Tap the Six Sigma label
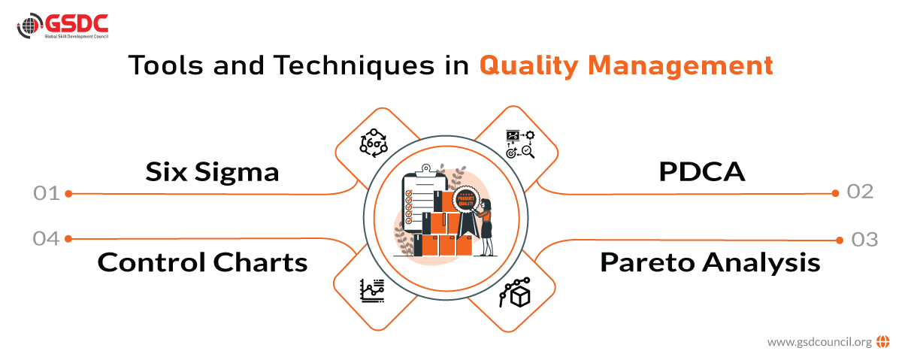212,172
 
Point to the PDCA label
701,172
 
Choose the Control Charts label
202,262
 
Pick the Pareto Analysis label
710,262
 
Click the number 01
46,193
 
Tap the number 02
860,192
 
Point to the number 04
46,238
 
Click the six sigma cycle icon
373,142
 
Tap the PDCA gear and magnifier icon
520,143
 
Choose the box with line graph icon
516,293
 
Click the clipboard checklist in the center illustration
416,203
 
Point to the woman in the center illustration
486,225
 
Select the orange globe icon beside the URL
882,341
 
